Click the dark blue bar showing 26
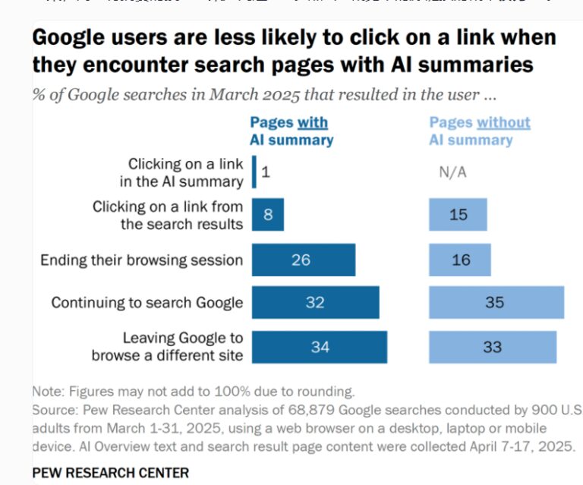pyautogui.click(x=303, y=260)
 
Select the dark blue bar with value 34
pyautogui.click(x=319, y=347)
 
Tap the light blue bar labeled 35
pyautogui.click(x=496, y=302)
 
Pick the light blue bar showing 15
pyautogui.click(x=458, y=215)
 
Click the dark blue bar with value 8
pyautogui.click(x=267, y=215)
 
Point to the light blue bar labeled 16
pyautogui.click(x=460, y=260)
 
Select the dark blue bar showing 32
pyautogui.click(x=315, y=302)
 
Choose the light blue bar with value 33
pyautogui.click(x=492, y=347)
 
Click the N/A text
pyautogui.click(x=452, y=172)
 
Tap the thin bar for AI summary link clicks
pyautogui.click(x=254, y=172)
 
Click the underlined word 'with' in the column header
pyautogui.click(x=312, y=122)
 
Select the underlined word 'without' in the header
pyautogui.click(x=504, y=122)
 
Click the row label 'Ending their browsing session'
pyautogui.click(x=141, y=260)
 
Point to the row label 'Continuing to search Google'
pyautogui.click(x=147, y=302)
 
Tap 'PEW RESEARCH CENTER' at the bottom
pyautogui.click(x=110, y=472)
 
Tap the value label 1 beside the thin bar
pyautogui.click(x=266, y=172)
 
